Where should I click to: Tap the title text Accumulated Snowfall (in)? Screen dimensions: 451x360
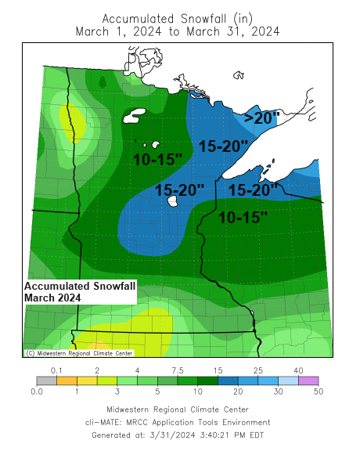[x=178, y=18]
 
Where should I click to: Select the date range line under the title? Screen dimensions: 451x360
[x=178, y=31]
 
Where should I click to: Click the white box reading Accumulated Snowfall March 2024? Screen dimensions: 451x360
[x=80, y=292]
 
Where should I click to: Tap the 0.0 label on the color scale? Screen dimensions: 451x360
[x=36, y=391]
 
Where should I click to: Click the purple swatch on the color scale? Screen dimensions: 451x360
[x=309, y=381]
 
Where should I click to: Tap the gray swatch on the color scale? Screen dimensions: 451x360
[x=46, y=381]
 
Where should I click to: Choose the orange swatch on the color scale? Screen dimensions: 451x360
[x=67, y=381]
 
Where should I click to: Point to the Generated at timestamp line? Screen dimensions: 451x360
[x=178, y=435]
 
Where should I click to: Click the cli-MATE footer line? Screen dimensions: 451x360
[x=178, y=422]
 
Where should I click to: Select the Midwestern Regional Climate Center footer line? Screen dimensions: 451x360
[x=178, y=410]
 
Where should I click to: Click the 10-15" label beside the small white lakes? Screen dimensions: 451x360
[x=157, y=159]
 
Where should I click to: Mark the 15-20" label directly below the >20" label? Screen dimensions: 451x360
[x=223, y=146]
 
